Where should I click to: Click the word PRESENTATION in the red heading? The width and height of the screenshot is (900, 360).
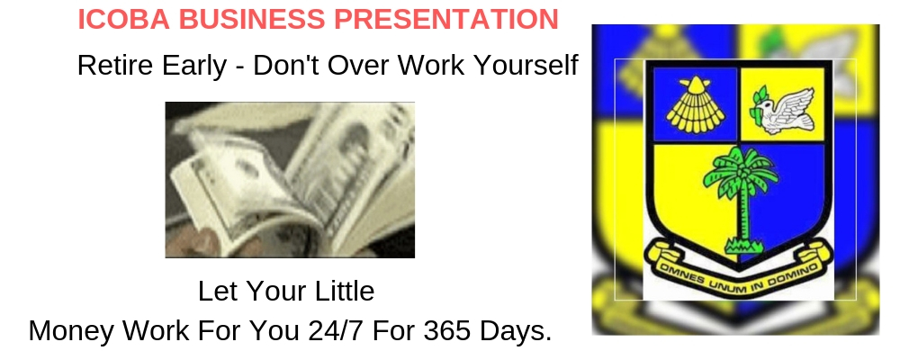click(x=446, y=20)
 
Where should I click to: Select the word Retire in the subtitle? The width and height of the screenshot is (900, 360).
click(x=116, y=65)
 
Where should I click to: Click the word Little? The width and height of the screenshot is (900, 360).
click(x=344, y=291)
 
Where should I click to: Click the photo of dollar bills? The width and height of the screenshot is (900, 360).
click(x=290, y=180)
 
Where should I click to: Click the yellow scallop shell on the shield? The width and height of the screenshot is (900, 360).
click(x=695, y=104)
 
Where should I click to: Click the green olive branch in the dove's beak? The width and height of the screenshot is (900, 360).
click(x=761, y=103)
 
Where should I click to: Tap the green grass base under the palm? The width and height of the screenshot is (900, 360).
click(x=744, y=247)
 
